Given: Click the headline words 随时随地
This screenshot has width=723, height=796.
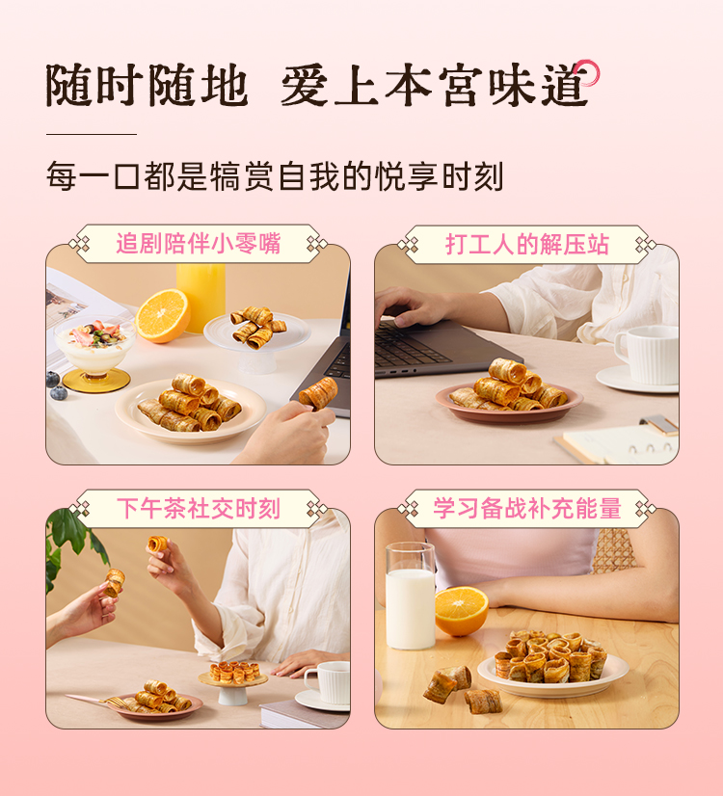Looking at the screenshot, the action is [x=147, y=85].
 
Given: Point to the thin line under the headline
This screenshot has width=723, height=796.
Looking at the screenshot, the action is [x=92, y=135].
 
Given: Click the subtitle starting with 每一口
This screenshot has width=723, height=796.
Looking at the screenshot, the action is [x=275, y=176].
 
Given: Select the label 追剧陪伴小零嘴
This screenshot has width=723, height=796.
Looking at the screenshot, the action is [x=198, y=244].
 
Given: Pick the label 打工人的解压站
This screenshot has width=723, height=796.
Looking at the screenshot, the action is [x=527, y=245].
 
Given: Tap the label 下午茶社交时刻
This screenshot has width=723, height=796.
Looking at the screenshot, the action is [x=198, y=509].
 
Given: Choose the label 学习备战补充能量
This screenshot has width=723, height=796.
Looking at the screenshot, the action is [x=527, y=509].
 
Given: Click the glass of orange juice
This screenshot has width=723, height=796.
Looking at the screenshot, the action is [x=201, y=296].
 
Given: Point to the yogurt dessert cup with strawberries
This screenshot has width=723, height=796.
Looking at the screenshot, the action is [x=95, y=353].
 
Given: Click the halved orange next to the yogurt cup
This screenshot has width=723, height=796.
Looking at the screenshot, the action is [x=163, y=315].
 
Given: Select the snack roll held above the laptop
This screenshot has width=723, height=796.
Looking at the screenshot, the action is [x=319, y=393].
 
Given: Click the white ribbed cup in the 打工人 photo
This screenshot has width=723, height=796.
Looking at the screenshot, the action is [x=648, y=355].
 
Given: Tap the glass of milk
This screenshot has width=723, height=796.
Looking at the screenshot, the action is [x=411, y=596].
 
